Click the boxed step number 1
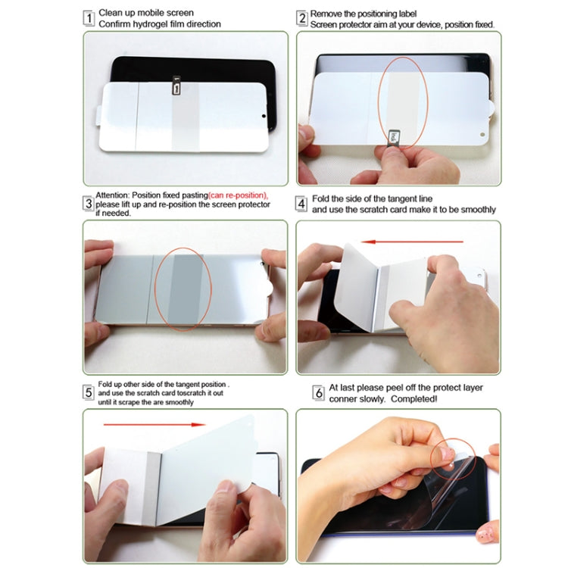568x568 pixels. [x=89, y=18]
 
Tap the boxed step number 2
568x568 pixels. [x=302, y=18]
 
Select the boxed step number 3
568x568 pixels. [x=89, y=203]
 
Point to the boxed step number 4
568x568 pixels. [x=302, y=203]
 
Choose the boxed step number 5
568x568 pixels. [x=89, y=392]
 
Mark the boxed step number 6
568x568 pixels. [x=319, y=392]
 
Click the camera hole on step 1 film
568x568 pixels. [x=264, y=117]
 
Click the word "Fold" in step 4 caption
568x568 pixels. [x=322, y=198]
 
